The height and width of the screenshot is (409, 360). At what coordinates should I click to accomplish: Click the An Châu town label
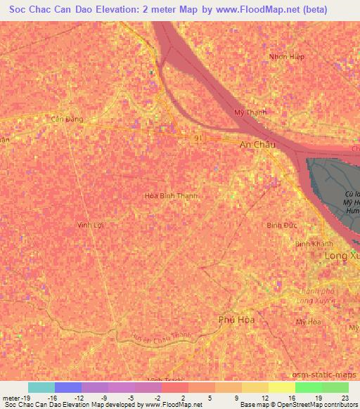[258, 144]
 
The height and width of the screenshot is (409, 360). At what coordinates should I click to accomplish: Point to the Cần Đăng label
[67, 119]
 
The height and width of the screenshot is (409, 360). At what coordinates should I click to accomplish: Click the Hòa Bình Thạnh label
[170, 196]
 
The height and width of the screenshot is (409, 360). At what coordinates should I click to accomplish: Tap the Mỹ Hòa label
[308, 322]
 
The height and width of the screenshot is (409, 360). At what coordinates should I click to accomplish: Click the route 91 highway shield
[200, 139]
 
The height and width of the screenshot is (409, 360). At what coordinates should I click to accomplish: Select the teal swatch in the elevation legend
[41, 387]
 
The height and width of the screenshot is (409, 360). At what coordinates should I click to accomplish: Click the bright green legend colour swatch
[308, 387]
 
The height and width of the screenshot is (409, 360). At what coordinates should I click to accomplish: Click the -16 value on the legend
[52, 397]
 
